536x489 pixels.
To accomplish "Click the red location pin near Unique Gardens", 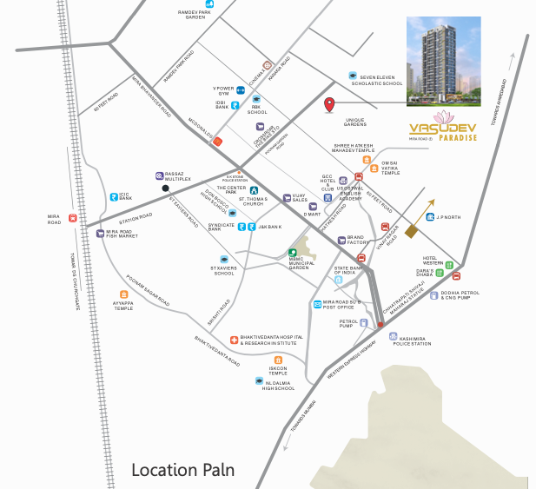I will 329,106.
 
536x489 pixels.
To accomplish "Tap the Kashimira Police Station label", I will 410,340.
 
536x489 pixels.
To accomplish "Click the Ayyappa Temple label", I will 123,305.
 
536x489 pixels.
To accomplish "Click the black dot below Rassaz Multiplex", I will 164,188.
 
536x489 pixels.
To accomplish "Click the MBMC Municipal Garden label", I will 310,261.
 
